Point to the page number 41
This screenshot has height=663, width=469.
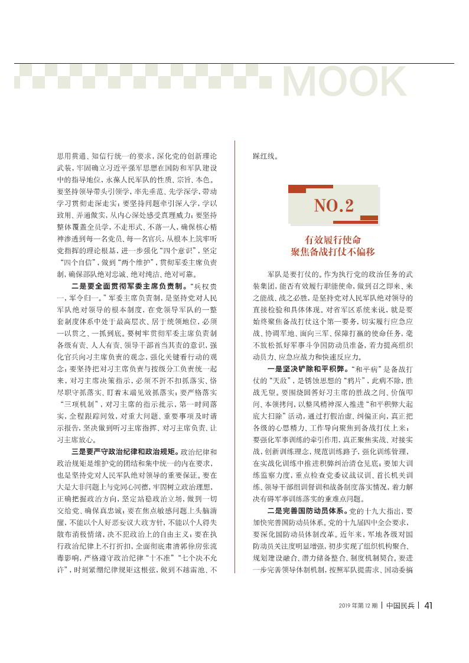pos(429,623)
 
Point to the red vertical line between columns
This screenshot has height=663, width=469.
pos(236,354)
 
